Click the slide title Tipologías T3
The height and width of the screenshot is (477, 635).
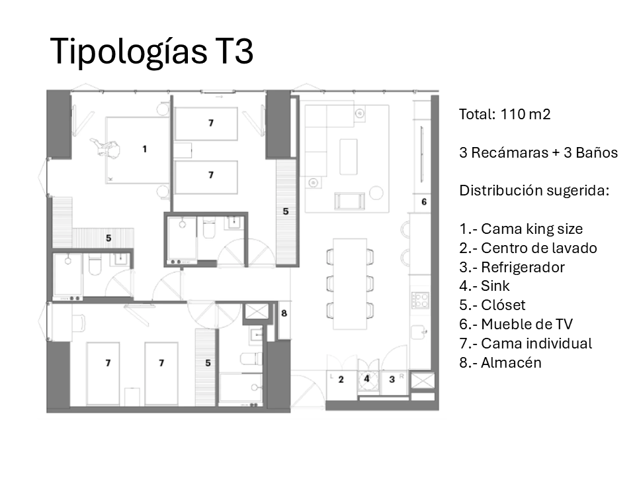[x=151, y=51]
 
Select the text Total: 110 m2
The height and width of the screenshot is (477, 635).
[x=505, y=114]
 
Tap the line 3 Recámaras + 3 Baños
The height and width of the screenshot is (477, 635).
[x=538, y=152]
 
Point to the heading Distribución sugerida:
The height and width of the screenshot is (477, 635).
[x=534, y=191]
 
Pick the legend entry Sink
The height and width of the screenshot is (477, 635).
[x=485, y=286]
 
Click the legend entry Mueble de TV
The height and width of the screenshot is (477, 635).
[x=516, y=325]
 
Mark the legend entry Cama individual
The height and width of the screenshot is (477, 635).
[x=525, y=343]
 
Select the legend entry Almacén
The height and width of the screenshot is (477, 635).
[x=500, y=362]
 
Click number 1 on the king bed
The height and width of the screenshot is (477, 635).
[x=144, y=149]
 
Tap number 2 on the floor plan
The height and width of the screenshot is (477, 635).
[x=341, y=380]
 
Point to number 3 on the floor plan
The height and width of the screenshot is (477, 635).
[x=392, y=380]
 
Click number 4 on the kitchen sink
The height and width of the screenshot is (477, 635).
[x=366, y=380]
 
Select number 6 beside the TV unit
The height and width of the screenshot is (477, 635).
[x=424, y=201]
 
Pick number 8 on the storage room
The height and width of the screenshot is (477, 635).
[x=283, y=313]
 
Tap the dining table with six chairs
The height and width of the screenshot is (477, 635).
[x=349, y=284]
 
